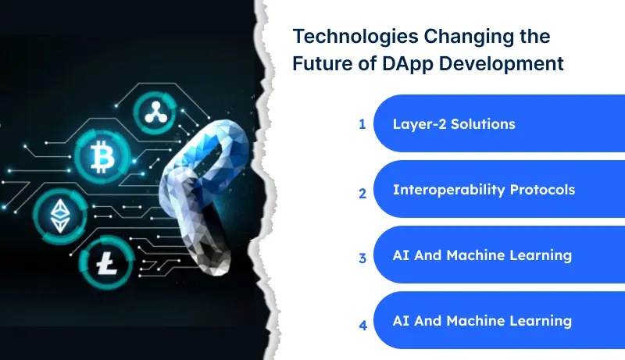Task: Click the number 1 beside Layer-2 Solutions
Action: (x=362, y=124)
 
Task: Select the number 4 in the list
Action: (x=362, y=324)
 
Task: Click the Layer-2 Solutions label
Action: (x=454, y=124)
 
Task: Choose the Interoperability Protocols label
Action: (x=484, y=190)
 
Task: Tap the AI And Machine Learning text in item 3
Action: (x=483, y=255)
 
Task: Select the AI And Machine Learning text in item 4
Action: (x=483, y=321)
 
